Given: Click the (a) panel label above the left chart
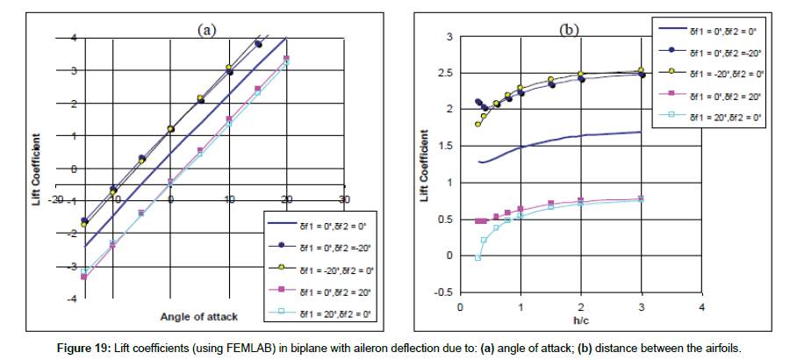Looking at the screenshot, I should (x=205, y=31).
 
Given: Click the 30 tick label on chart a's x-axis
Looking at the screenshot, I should (x=345, y=199).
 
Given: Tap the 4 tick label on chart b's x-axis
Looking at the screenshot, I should (x=702, y=308).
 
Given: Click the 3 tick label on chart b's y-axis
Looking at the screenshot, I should (x=448, y=37).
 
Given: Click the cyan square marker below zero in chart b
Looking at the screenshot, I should (x=477, y=257).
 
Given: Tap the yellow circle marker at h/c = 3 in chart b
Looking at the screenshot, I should (x=642, y=69).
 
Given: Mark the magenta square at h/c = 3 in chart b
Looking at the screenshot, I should (x=642, y=198).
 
